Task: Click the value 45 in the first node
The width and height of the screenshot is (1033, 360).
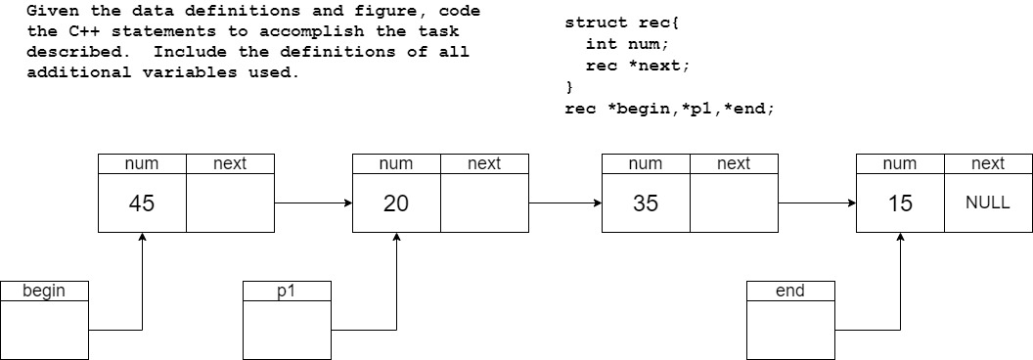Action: coord(142,203)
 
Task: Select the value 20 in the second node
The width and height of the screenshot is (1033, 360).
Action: coord(396,203)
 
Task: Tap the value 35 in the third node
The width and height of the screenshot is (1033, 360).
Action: coord(646,203)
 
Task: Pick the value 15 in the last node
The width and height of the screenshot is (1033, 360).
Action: coord(900,203)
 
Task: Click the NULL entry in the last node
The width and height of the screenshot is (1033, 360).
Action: coord(987,203)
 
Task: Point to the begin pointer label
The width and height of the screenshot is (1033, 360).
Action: coord(44,291)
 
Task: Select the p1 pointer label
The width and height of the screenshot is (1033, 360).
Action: coord(287,291)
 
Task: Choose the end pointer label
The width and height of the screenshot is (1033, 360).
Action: coord(790,291)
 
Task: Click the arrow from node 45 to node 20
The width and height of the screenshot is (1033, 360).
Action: coord(313,203)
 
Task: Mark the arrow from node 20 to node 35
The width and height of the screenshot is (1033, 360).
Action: coord(565,203)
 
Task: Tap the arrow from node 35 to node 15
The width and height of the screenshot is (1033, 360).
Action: coord(817,203)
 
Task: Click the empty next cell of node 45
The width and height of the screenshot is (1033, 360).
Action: coord(230,203)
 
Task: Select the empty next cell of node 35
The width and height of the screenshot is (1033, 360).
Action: coord(734,203)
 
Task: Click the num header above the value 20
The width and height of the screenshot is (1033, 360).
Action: coord(396,164)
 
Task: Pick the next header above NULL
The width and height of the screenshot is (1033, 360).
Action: coord(988,164)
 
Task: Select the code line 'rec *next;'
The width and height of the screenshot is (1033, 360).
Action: coord(637,66)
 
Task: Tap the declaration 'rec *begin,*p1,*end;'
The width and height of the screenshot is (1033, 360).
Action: coord(669,109)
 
